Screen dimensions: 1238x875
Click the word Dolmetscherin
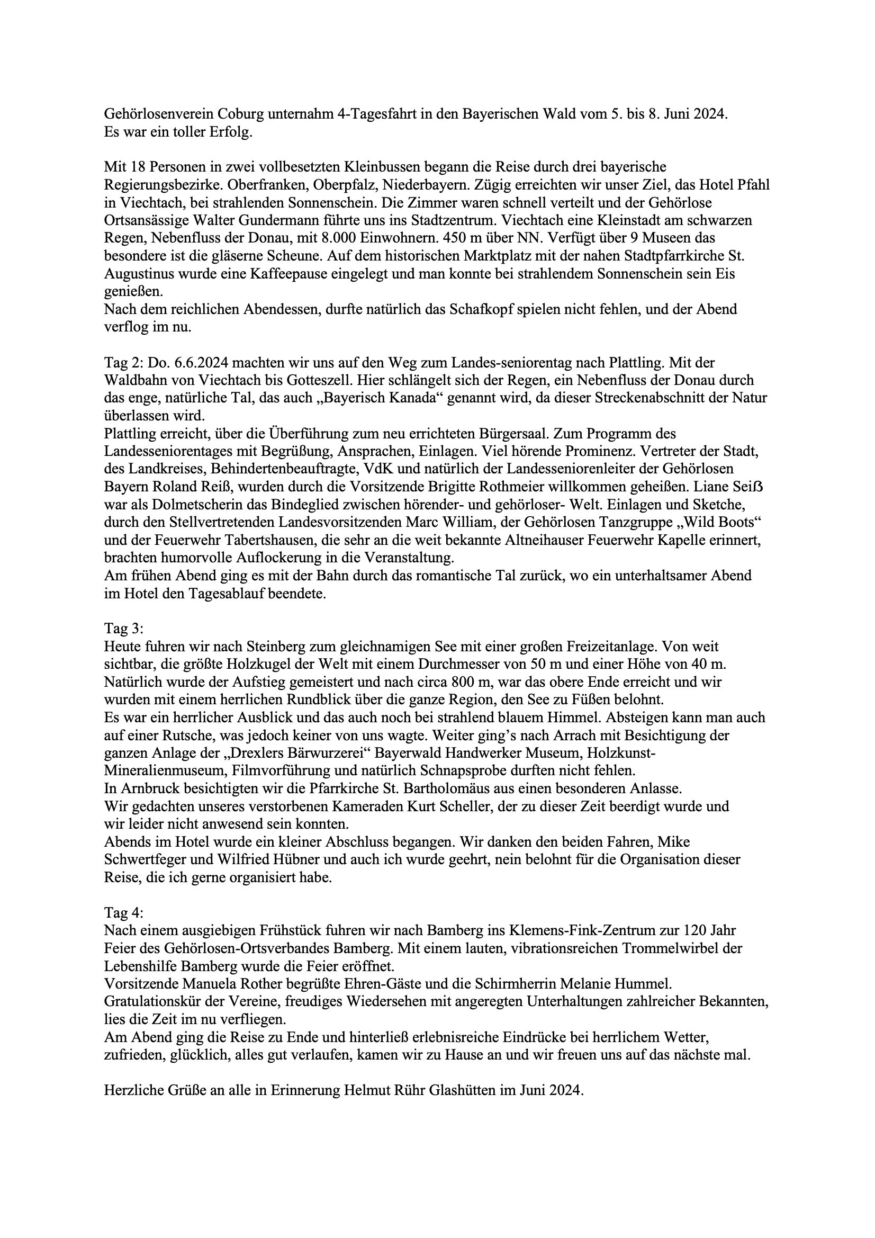tap(175, 505)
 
